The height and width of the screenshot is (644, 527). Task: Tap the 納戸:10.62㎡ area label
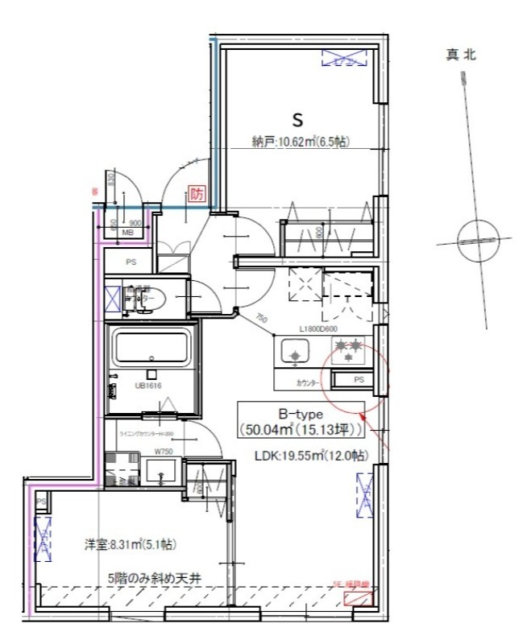click(x=300, y=142)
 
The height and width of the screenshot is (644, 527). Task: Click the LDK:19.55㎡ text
click(x=311, y=456)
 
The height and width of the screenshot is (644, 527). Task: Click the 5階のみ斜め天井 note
click(x=151, y=577)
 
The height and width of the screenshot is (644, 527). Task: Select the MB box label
click(x=127, y=233)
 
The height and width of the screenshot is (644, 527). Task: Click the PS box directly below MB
click(x=131, y=262)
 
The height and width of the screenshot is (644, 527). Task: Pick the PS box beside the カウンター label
click(x=359, y=380)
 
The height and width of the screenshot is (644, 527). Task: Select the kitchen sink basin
click(x=294, y=351)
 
